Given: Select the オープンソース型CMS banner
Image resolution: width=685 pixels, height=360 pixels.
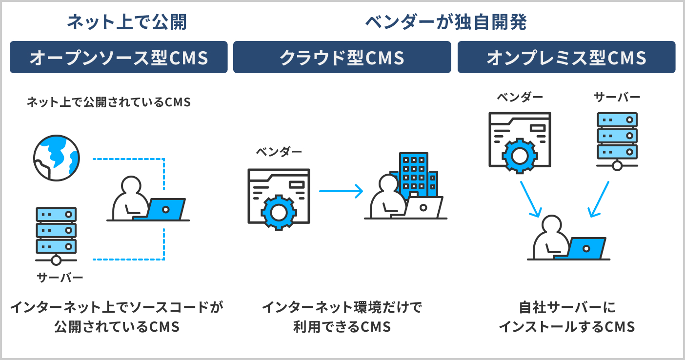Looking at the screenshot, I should point(119,58).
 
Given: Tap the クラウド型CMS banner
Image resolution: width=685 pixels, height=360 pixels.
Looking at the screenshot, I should point(342,58).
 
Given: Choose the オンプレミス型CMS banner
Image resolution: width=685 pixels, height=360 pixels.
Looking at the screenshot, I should point(566,58).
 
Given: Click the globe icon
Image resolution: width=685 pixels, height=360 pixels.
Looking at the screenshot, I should point(56,158).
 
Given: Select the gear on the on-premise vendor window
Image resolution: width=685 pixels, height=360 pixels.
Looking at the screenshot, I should point(519,156).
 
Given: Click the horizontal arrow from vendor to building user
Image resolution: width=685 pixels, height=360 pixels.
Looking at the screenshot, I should point(341,191).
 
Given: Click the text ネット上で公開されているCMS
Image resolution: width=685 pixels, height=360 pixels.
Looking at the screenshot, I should point(108,102).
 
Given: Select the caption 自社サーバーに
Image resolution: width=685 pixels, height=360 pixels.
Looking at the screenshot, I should point(566,307).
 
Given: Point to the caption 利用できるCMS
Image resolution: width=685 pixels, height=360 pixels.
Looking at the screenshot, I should point(342,326).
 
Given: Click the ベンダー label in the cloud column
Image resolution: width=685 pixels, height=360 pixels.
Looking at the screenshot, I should point(279,152).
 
